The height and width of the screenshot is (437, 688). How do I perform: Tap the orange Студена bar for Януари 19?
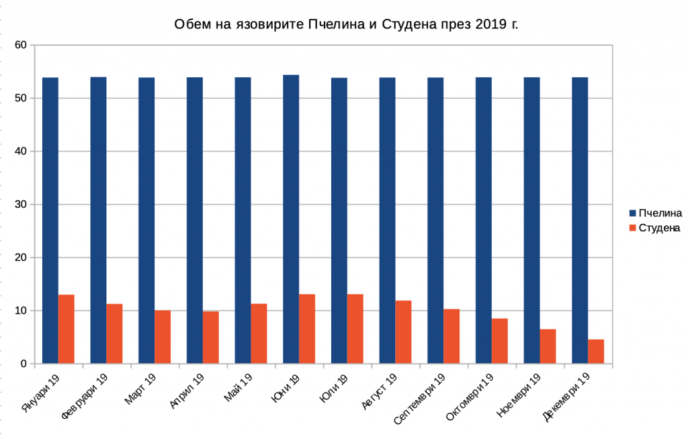67,329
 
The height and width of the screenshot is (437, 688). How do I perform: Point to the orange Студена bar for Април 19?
211,337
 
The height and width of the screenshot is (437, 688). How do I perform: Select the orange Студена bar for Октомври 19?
500,341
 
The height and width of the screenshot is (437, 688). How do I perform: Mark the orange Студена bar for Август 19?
403,332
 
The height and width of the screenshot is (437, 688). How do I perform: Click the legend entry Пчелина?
660,213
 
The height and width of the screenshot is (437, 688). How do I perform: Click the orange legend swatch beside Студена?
632,228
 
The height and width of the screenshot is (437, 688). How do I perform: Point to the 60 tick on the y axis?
21,45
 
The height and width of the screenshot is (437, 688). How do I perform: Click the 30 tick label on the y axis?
21,204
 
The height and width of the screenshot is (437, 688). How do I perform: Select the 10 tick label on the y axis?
21,311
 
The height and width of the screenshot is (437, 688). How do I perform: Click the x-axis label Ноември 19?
519,397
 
